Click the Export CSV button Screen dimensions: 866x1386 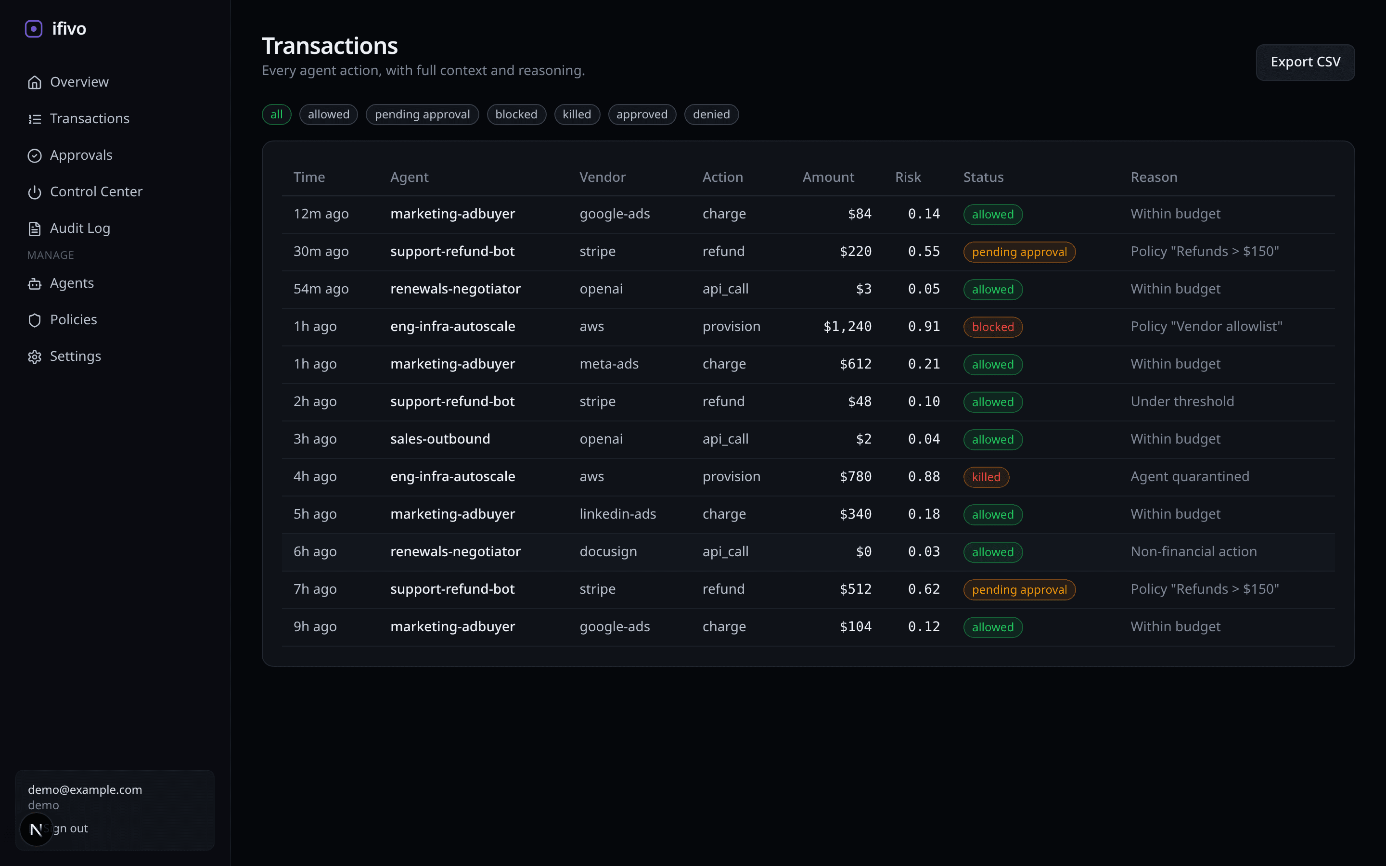click(x=1305, y=62)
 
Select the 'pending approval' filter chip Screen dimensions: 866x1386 click(x=422, y=115)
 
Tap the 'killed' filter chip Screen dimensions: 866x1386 click(x=576, y=115)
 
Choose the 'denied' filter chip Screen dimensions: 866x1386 click(x=711, y=115)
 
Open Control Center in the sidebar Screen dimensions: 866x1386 click(x=96, y=192)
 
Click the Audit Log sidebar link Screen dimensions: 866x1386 click(x=79, y=229)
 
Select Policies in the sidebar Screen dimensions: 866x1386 click(x=73, y=319)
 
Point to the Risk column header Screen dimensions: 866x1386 click(x=908, y=178)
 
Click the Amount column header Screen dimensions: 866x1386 click(x=828, y=178)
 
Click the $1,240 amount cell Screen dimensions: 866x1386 click(x=847, y=327)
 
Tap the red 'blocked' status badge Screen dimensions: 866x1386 click(x=992, y=327)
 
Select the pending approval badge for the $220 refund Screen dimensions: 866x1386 click(x=1019, y=252)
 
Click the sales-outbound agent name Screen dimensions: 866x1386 click(x=440, y=439)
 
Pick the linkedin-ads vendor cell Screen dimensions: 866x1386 click(x=617, y=514)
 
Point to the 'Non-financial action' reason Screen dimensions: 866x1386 click(x=1193, y=551)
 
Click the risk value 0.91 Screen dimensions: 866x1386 click(x=923, y=327)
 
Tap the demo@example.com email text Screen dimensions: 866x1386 click(x=85, y=790)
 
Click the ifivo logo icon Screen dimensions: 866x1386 click(x=34, y=29)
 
